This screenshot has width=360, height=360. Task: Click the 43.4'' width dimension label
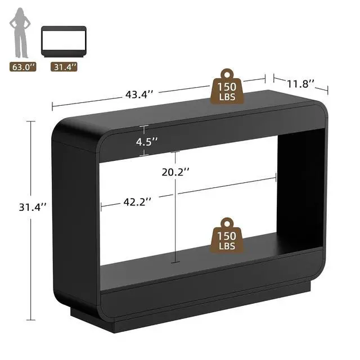pyautogui.click(x=139, y=94)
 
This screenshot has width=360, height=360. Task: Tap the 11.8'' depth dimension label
pyautogui.click(x=300, y=84)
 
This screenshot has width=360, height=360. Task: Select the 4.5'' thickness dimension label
pyautogui.click(x=147, y=142)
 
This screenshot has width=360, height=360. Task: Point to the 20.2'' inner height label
pyautogui.click(x=175, y=172)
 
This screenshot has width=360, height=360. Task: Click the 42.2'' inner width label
pyautogui.click(x=137, y=202)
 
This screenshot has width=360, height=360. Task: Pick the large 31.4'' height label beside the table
pyautogui.click(x=33, y=207)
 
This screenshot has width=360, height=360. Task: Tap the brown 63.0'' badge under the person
pyautogui.click(x=23, y=67)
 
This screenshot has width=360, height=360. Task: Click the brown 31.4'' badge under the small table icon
pyautogui.click(x=64, y=67)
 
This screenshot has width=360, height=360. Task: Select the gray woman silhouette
pyautogui.click(x=20, y=33)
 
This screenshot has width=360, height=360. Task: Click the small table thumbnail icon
pyautogui.click(x=64, y=41)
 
